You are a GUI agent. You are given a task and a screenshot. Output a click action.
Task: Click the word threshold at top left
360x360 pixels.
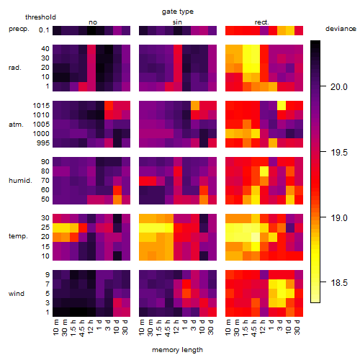pyautogui.click(x=40, y=17)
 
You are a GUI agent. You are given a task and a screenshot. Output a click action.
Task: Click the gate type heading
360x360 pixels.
pyautogui.click(x=178, y=12)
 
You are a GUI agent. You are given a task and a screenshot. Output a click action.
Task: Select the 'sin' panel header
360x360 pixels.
pyautogui.click(x=177, y=22)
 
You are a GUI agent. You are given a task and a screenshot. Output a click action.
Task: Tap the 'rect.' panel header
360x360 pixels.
pyautogui.click(x=262, y=22)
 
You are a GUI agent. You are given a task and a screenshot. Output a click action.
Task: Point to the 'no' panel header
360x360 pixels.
pyautogui.click(x=93, y=22)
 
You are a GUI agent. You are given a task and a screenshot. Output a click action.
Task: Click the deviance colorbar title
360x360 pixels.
pyautogui.click(x=341, y=29)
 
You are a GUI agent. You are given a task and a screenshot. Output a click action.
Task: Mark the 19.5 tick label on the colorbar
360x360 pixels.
pyautogui.click(x=339, y=153)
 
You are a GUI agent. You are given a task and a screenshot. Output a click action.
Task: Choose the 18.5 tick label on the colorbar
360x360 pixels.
pyautogui.click(x=339, y=283)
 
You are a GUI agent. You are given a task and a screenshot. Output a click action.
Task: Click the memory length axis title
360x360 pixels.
pyautogui.click(x=177, y=350)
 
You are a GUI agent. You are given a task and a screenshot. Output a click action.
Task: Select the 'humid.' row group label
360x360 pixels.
pyautogui.click(x=20, y=181)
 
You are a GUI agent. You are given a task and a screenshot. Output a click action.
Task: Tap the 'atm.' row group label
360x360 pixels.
pyautogui.click(x=16, y=125)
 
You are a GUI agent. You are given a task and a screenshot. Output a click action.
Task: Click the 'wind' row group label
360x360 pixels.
pyautogui.click(x=17, y=294)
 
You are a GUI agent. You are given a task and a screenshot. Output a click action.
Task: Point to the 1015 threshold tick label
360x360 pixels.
pyautogui.click(x=41, y=106)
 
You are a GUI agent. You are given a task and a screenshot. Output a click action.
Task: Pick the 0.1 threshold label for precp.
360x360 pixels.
pyautogui.click(x=44, y=30)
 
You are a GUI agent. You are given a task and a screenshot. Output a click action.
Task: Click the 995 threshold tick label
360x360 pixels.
pyautogui.click(x=43, y=143)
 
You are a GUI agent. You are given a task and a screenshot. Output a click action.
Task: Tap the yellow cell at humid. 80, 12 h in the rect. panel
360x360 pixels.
pyautogui.click(x=264, y=171)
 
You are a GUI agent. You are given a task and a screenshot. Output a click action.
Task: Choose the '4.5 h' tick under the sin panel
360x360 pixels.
pyautogui.click(x=168, y=328)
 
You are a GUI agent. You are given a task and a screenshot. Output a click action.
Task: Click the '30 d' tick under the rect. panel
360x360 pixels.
pyautogui.click(x=297, y=327)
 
